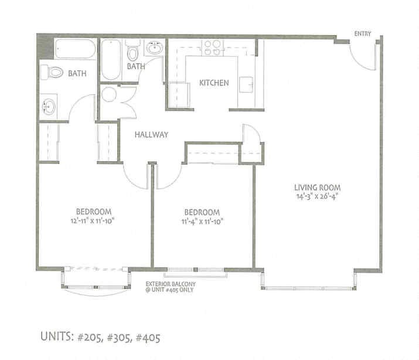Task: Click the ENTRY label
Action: [x=363, y=34]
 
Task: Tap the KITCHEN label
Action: [x=214, y=83]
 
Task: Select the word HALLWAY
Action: [x=151, y=134]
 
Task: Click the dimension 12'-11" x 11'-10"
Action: [x=94, y=221]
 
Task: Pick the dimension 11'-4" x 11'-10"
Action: [x=202, y=221]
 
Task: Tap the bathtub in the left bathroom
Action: [x=76, y=49]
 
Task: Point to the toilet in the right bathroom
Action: [x=132, y=53]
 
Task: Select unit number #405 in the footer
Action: [x=144, y=337]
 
